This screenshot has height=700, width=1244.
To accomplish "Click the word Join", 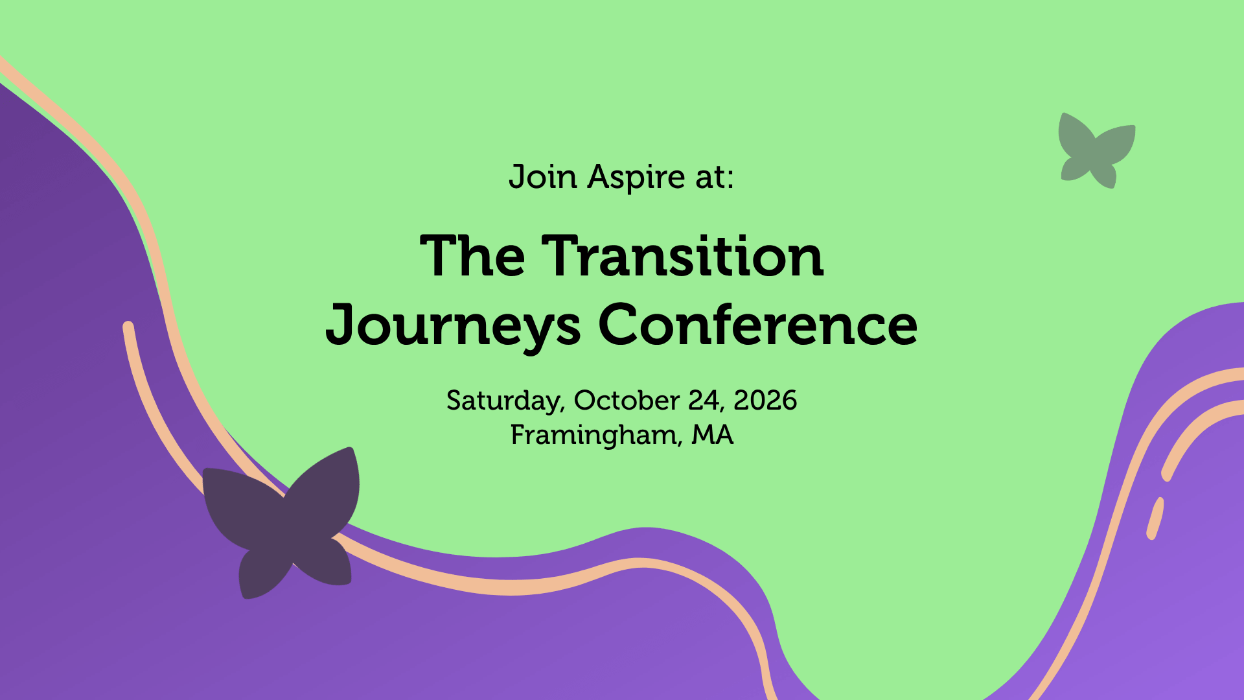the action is [542, 177].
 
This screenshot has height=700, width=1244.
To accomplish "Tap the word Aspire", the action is [636, 178].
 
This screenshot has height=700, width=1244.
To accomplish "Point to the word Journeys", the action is [453, 327].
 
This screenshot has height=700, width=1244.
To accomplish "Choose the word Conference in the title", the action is [757, 324].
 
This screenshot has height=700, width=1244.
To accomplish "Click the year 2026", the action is [765, 401].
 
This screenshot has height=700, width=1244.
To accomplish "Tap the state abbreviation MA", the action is [713, 434].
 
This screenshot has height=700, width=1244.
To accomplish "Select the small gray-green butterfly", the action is [1096, 151].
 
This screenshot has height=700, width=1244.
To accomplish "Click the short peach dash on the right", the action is [1155, 519].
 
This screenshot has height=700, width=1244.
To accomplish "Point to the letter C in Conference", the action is [619, 324].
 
